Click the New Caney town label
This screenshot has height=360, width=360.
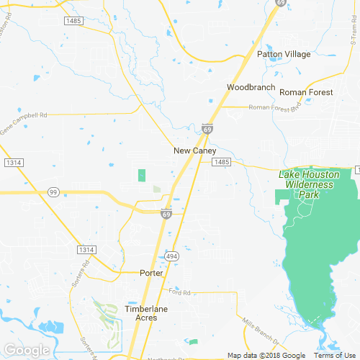tap(192, 151)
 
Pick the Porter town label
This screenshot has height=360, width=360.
tap(151, 273)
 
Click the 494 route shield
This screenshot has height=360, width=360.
tap(171, 256)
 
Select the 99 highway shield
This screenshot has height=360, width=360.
tap(53, 192)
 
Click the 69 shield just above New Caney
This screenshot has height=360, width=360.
tap(207, 129)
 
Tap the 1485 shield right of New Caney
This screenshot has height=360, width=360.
tap(221, 163)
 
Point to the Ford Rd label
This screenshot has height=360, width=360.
tap(179, 292)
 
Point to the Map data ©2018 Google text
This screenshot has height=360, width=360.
tap(266, 355)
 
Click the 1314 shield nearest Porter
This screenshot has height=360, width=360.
tap(86, 249)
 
